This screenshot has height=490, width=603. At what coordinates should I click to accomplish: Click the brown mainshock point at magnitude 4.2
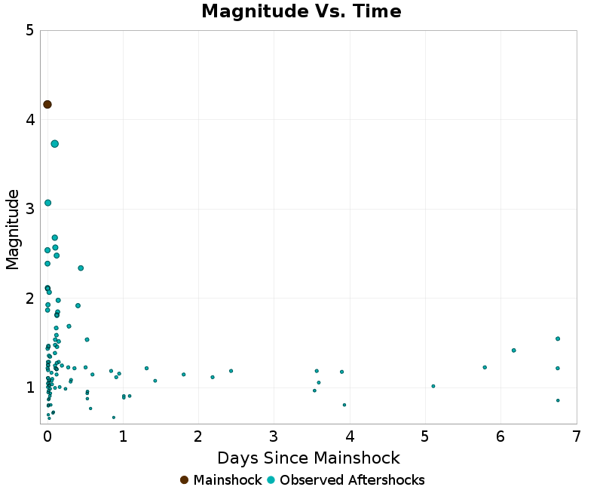coord(47,104)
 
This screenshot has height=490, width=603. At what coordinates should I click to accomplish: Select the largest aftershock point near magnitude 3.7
coord(55,144)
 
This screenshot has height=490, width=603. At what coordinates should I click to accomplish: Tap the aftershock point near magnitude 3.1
coord(47,203)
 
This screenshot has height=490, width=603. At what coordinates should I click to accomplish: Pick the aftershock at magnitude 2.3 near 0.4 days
coord(81,268)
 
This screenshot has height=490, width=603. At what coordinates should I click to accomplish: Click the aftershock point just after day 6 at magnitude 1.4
coord(513,351)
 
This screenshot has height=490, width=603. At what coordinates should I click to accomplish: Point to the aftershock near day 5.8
coord(485,367)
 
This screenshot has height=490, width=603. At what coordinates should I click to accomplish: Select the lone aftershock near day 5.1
coord(433,386)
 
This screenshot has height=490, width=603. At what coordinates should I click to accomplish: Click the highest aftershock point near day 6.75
coord(558,338)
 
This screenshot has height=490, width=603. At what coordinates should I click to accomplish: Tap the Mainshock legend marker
coord(185,480)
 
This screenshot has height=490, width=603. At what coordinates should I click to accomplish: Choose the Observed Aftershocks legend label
coord(352,480)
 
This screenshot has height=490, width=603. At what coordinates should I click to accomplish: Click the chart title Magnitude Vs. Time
coord(301,12)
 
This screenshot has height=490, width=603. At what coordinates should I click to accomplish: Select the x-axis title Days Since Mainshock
coord(308,458)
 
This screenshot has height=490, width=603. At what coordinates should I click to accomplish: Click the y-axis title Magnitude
coord(12,229)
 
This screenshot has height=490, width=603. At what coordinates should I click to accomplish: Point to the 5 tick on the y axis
coord(29,31)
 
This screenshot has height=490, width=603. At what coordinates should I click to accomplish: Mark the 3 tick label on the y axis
coord(29,209)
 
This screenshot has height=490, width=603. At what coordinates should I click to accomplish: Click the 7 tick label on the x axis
coord(577,436)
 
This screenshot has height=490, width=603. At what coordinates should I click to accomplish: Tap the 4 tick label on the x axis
coord(350,436)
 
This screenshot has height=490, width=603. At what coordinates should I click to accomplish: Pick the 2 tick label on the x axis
coord(198,436)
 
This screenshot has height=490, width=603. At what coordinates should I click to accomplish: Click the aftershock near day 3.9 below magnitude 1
coord(344,405)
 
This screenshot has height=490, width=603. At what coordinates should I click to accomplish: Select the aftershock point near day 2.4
coord(231,371)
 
